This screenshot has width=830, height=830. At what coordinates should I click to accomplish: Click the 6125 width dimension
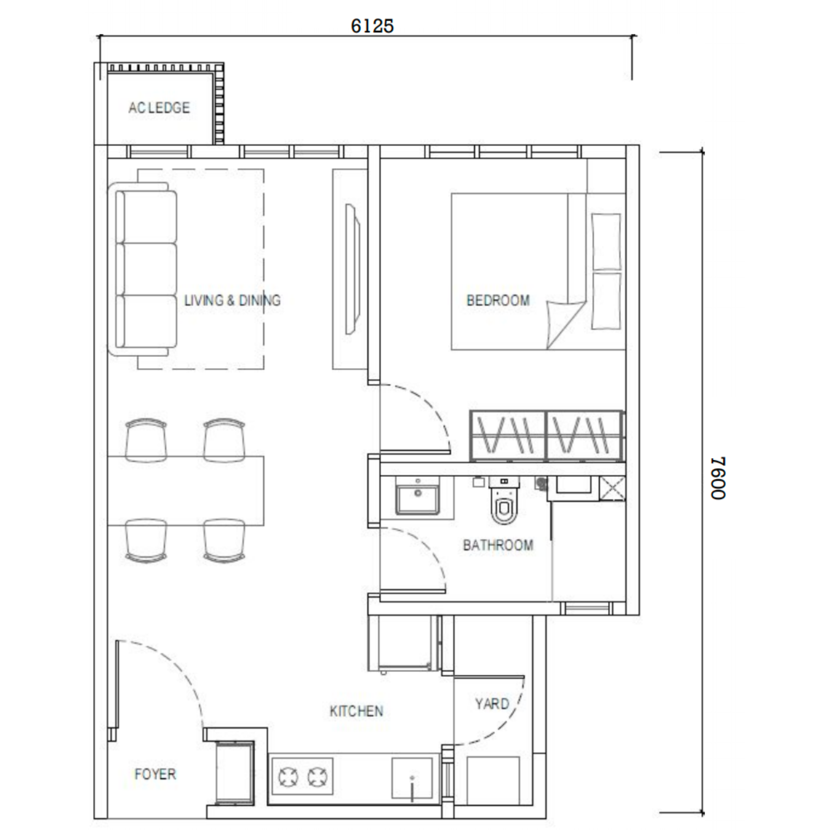pyautogui.click(x=372, y=26)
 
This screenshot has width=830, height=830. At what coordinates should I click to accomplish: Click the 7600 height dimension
pyautogui.click(x=718, y=478)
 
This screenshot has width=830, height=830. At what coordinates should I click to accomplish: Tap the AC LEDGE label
pyautogui.click(x=159, y=107)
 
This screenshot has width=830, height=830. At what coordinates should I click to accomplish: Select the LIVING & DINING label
pyautogui.click(x=232, y=300)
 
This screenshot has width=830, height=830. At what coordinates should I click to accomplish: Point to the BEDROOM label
pyautogui.click(x=498, y=300)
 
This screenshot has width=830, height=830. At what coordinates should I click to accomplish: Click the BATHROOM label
pyautogui.click(x=498, y=545)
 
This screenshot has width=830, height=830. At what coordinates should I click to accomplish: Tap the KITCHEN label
pyautogui.click(x=356, y=711)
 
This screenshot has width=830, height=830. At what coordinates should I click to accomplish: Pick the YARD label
pyautogui.click(x=492, y=704)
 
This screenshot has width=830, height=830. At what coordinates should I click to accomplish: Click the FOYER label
pyautogui.click(x=155, y=774)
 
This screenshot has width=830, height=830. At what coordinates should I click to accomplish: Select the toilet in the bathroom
pyautogui.click(x=504, y=500)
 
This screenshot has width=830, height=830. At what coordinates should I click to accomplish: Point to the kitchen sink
pyautogui.click(x=412, y=778)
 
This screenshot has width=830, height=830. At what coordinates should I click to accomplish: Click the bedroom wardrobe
pyautogui.click(x=547, y=436)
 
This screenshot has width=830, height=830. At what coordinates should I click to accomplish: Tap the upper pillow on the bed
pyautogui.click(x=606, y=242)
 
